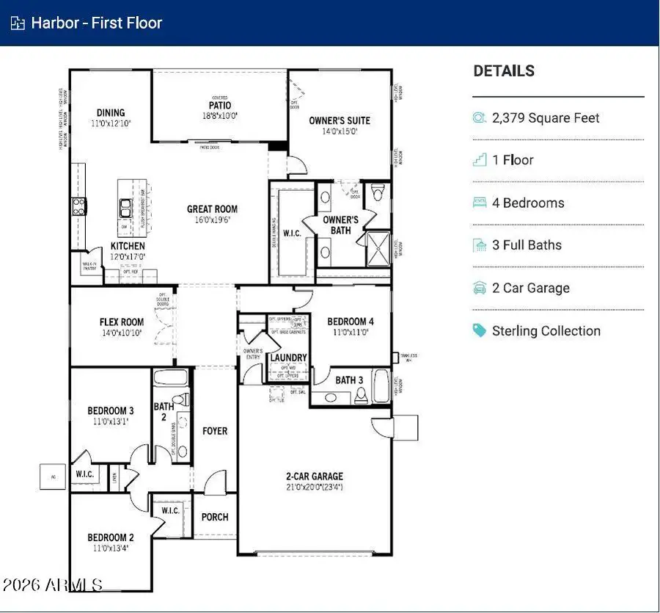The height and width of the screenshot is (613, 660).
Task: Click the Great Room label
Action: coord(212,209)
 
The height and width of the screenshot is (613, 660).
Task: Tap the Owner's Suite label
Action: coord(339,120)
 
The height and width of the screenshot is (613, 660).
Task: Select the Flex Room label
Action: coord(122,322)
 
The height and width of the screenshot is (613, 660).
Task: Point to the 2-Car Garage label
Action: coord(315,476)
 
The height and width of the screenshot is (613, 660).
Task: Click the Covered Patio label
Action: coord(219,106)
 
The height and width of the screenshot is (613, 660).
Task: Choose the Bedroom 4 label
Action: coord(350,322)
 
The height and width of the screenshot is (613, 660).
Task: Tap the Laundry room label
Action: coord(288,358)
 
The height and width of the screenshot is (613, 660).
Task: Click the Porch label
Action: coord(215,517)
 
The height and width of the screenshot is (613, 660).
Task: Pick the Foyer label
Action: coord(215,431)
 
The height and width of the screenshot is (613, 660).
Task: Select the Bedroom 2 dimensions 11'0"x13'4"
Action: coord(111,548)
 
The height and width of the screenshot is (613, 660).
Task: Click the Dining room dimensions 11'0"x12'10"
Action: coord(111,123)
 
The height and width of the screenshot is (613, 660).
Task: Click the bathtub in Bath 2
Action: coord(171,380)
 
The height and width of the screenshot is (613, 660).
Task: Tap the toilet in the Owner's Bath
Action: coord(378,193)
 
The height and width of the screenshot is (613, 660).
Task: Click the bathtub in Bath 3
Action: coord(381,386)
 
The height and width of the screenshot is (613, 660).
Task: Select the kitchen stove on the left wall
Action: coord(78,206)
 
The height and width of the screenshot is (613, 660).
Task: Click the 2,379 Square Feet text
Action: coord(546,117)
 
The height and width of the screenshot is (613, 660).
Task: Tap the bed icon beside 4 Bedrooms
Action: coord(480,203)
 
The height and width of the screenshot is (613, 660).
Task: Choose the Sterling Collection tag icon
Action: coord(480,330)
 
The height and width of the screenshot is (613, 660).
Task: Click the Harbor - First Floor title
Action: coord(96,23)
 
